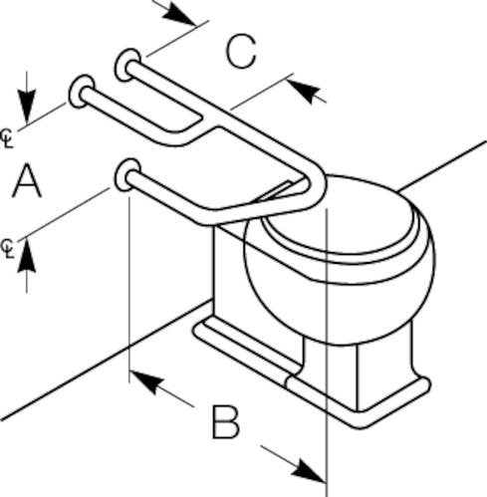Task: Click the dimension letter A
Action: [27, 182]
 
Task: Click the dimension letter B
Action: [226, 421]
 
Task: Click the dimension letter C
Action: [241, 52]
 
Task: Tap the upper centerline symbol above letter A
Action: [7, 138]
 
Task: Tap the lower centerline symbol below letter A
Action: [8, 249]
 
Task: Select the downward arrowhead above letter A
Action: [27, 106]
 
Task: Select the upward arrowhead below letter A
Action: [27, 256]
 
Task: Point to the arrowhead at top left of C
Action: [179, 15]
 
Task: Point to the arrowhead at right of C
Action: [304, 91]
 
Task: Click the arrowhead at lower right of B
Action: [308, 470]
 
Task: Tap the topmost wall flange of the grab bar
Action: [127, 65]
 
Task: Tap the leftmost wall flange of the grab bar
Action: [82, 91]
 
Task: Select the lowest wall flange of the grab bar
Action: [127, 174]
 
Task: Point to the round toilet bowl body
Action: [339, 299]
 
